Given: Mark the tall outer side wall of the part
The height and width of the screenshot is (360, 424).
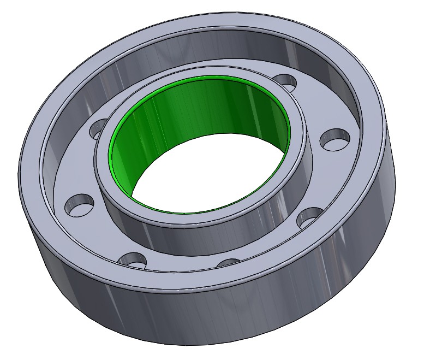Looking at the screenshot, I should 218,317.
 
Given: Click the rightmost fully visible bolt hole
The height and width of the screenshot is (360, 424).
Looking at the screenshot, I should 334,139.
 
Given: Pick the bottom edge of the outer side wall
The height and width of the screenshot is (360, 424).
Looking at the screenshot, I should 218,344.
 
